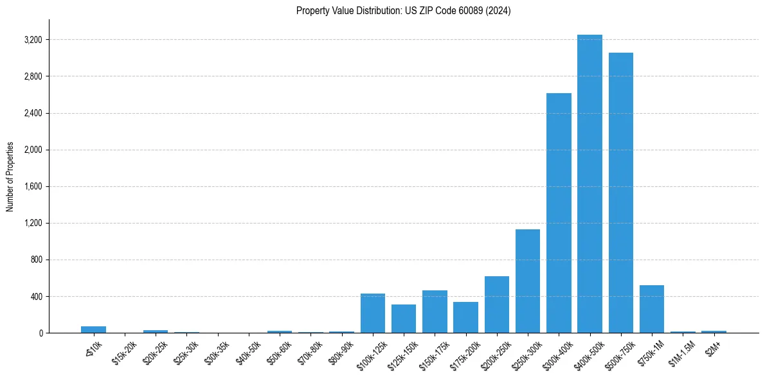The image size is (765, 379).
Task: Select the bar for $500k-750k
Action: click(620, 193)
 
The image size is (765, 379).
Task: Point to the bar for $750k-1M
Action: click(652, 309)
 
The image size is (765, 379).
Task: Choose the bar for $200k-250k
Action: click(497, 304)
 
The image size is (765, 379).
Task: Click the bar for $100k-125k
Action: click(373, 313)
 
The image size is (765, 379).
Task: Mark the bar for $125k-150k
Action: click(404, 319)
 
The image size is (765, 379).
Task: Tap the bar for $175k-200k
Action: click(465, 317)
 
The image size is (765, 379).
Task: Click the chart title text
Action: click(403, 11)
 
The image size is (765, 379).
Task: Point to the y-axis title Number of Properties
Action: click(10, 176)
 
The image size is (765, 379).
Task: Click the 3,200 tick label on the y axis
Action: click(32, 40)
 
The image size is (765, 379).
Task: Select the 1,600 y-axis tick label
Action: click(32, 187)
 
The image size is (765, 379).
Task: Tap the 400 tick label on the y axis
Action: click(35, 297)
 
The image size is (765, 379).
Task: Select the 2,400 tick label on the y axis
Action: click(32, 114)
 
